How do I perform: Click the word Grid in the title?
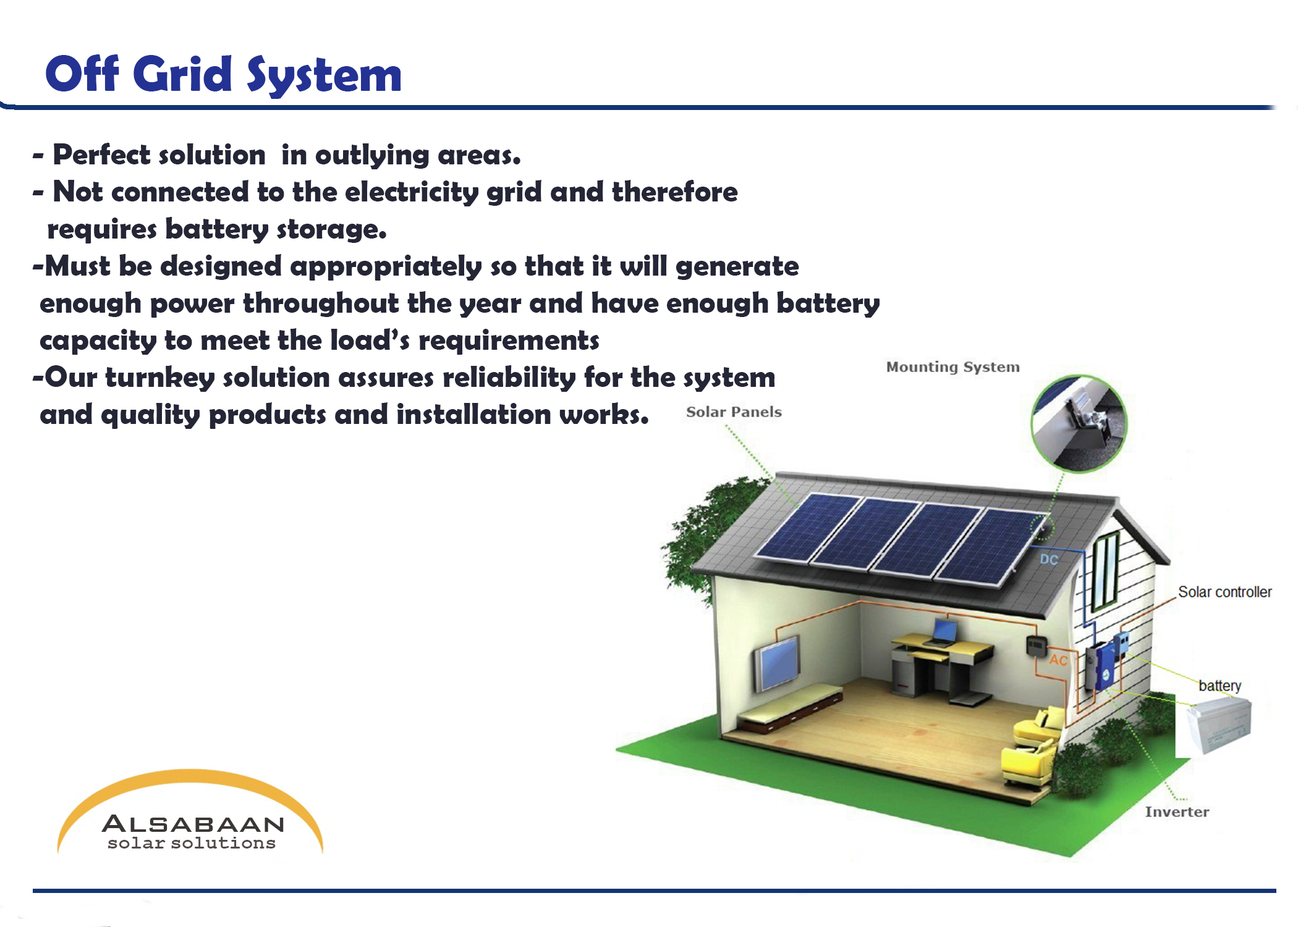[182, 74]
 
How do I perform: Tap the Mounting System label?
[952, 367]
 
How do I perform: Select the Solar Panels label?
[734, 412]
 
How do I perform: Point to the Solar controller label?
[1224, 592]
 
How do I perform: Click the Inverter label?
[1177, 811]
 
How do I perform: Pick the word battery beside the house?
[1220, 686]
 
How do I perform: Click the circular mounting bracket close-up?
[1079, 423]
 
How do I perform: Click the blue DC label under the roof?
[1049, 559]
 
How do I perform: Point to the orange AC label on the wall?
[1058, 660]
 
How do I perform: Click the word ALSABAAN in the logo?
[193, 824]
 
